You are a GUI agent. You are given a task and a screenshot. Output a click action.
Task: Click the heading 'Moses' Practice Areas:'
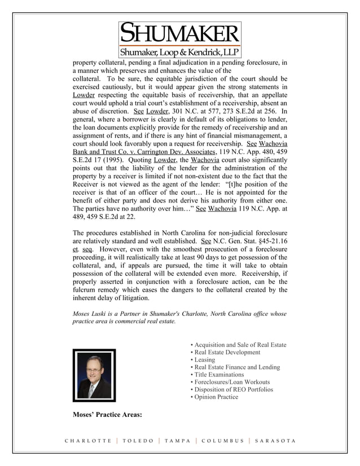pos(107,416)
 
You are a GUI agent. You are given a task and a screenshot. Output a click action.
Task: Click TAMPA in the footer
pos(177,441)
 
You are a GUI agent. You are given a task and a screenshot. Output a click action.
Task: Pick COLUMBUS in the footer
pos(222,441)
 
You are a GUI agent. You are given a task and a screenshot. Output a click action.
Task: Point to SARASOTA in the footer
pos(275,441)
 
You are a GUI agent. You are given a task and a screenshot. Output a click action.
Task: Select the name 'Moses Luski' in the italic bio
pos(92,313)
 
